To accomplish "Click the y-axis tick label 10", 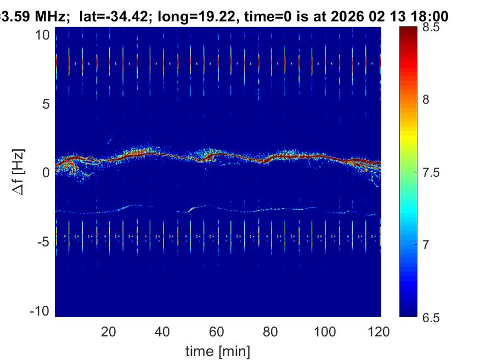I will (44, 35).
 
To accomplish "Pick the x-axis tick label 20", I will (109, 331).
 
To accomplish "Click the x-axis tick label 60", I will (217, 331).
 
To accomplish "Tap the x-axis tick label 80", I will (272, 331).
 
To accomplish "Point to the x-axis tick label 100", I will (326, 331).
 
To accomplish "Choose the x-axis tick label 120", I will (380, 331).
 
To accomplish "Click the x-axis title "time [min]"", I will (218, 350).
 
